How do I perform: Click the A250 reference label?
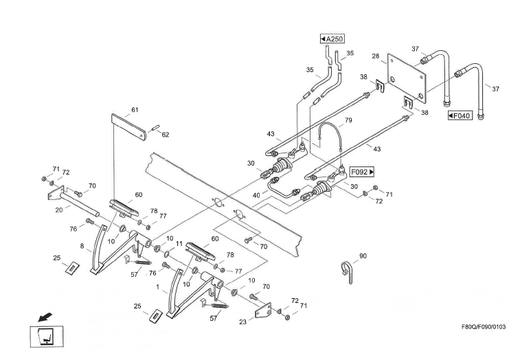pos(332,39)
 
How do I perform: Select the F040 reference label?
pos(458,115)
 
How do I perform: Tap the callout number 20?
pos(59,211)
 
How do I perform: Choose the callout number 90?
pos(363,256)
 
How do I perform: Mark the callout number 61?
pos(135,110)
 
